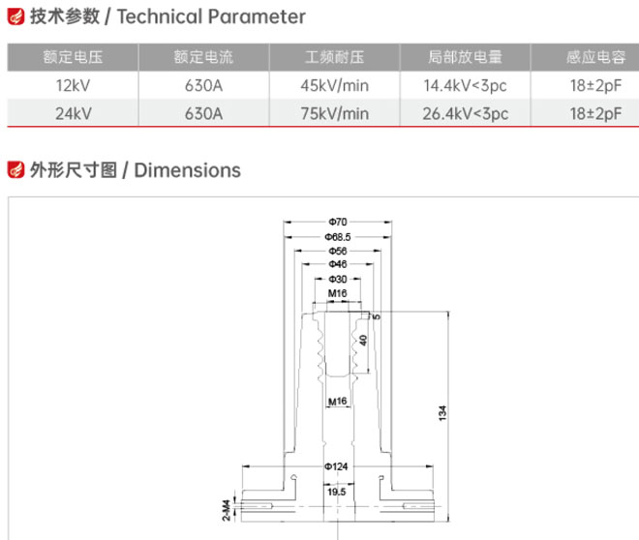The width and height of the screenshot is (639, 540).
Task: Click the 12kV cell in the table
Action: [73, 85]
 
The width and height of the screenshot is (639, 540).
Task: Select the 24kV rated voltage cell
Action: [73, 113]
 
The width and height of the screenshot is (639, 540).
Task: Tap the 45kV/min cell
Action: [335, 85]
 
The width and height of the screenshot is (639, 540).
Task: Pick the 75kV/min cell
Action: [335, 113]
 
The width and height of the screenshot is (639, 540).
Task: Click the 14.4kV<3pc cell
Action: [465, 85]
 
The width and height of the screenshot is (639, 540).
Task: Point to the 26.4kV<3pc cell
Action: [465, 113]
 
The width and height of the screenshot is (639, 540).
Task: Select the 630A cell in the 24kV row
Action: [203, 113]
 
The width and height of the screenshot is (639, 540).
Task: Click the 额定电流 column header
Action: [203, 57]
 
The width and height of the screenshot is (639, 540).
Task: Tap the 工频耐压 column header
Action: [335, 57]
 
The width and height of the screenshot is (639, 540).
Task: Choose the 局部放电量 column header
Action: [465, 57]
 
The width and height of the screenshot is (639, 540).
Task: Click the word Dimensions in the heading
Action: [188, 170]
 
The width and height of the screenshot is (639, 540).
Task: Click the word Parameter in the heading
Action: [257, 17]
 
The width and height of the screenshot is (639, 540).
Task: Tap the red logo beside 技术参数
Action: [15, 16]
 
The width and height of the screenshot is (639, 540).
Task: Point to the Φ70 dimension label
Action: [338, 222]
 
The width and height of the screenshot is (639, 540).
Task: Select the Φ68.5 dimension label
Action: [338, 237]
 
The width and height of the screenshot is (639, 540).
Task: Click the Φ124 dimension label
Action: [336, 466]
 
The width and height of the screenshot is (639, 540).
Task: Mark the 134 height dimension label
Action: [442, 413]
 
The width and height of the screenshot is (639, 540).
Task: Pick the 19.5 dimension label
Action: [337, 492]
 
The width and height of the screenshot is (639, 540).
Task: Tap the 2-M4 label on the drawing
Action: [227, 510]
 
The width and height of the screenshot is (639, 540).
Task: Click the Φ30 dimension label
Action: [338, 280]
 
